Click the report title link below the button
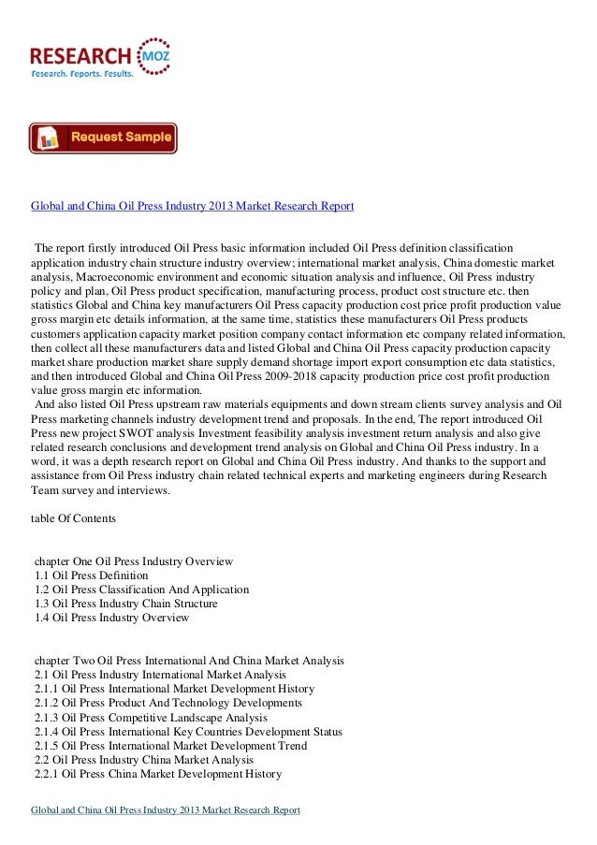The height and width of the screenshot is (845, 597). coord(192,205)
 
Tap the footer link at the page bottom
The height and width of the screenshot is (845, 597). coord(166,810)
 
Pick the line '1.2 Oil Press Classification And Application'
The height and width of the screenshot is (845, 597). coord(141,590)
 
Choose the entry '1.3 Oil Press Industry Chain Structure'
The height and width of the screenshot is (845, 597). coord(125,604)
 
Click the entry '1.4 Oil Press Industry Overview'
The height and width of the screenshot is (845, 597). coord(111,618)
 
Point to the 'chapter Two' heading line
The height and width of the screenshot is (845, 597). coord(189,661)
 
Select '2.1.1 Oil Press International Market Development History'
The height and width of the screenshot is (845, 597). coord(174,689)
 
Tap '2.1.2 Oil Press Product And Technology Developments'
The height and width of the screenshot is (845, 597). coord(167,703)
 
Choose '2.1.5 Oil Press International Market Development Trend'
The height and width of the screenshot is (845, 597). coord(169,745)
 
